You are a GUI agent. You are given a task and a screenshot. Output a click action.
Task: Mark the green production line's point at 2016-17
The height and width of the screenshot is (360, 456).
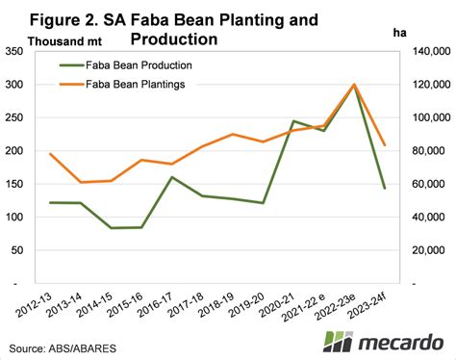tap(171, 177)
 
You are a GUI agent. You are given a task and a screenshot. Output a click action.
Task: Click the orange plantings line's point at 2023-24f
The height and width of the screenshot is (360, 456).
tap(385, 145)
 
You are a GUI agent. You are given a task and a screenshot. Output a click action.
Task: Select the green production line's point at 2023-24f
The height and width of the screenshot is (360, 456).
tap(385, 189)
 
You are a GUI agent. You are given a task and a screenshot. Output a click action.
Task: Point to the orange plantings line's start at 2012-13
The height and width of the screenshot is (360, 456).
tap(50, 154)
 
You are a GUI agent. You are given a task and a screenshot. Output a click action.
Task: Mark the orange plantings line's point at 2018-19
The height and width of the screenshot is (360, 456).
tap(232, 135)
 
